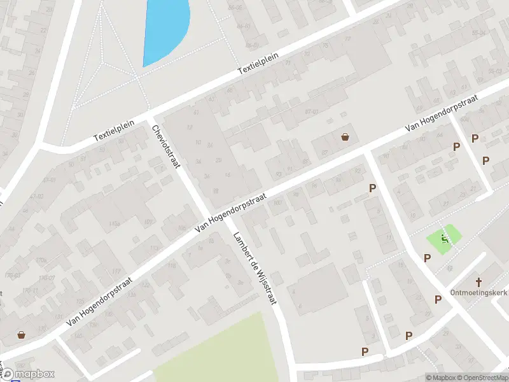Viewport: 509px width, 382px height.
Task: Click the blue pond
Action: [x=164, y=29]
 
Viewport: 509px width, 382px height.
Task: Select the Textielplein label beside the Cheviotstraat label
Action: [x=112, y=128]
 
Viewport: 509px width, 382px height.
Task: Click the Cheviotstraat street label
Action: [x=166, y=146]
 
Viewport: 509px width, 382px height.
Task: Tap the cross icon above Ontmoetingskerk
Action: [x=478, y=281]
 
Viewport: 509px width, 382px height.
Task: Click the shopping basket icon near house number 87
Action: [x=345, y=136]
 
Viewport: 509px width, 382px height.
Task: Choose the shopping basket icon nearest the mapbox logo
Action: [x=21, y=334]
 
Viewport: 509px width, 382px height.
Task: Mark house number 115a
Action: [x=115, y=223]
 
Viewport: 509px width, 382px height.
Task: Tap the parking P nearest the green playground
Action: [x=427, y=258]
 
